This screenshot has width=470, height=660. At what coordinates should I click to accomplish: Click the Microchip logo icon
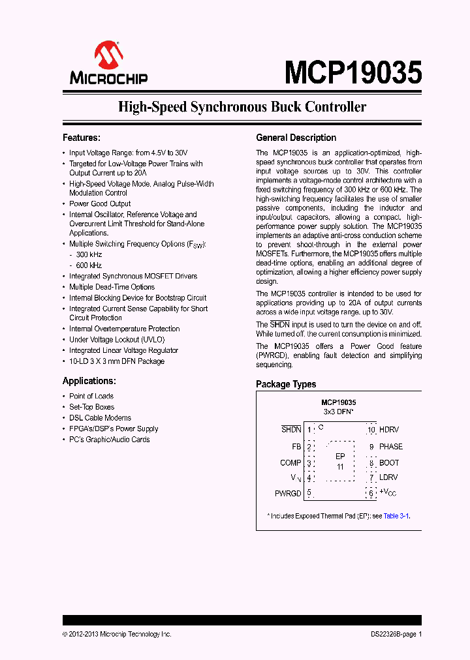coord(108,55)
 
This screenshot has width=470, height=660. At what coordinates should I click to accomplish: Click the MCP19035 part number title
coord(352,72)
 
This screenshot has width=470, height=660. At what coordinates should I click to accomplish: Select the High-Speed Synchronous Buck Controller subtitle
coord(242,108)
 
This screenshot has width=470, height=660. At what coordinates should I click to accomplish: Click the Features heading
coord(81,138)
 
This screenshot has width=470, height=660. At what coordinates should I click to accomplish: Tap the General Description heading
coord(296,138)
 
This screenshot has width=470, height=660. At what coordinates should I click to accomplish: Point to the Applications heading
coord(89,381)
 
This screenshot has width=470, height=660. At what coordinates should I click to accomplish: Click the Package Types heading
coord(286,384)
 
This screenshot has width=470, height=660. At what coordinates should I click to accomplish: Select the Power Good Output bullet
coord(100,203)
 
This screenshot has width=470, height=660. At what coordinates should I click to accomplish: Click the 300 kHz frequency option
coord(89,254)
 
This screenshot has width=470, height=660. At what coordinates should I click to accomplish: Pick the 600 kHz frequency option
coord(89,265)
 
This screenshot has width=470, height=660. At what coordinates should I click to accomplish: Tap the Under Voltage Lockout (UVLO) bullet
coord(117,340)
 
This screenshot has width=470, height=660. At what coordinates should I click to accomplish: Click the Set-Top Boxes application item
coord(91,407)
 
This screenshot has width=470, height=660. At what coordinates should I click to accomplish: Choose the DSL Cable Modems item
coord(100,418)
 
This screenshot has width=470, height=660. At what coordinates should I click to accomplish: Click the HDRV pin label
coord(389,430)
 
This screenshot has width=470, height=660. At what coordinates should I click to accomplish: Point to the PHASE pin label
coord(391,447)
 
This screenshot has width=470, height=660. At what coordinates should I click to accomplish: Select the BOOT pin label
coord(389,462)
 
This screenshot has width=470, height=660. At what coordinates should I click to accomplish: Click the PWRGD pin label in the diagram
coord(288,494)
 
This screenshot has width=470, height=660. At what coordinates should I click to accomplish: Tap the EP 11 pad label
coord(340,462)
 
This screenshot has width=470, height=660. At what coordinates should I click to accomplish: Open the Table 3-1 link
coord(396,516)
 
